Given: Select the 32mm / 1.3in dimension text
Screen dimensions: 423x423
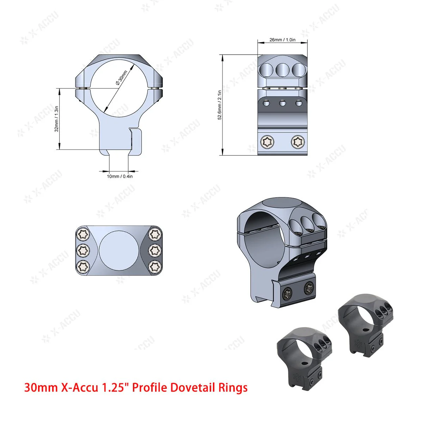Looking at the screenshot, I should click(56, 119).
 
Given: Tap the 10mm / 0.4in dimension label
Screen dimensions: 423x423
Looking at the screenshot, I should click(120, 176).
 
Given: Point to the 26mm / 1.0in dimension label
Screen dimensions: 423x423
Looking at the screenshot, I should click(282, 40).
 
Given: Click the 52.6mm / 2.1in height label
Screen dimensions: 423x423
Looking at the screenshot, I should click(220, 105).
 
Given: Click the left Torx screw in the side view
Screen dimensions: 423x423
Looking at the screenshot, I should click(265, 142).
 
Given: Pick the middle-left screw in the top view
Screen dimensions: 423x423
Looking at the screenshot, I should click(83, 250).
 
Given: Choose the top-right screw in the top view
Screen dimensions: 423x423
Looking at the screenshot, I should click(154, 234).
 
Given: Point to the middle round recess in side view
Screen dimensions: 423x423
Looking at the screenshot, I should click(282, 69).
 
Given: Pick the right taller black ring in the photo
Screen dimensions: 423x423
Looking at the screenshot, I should click(363, 323).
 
